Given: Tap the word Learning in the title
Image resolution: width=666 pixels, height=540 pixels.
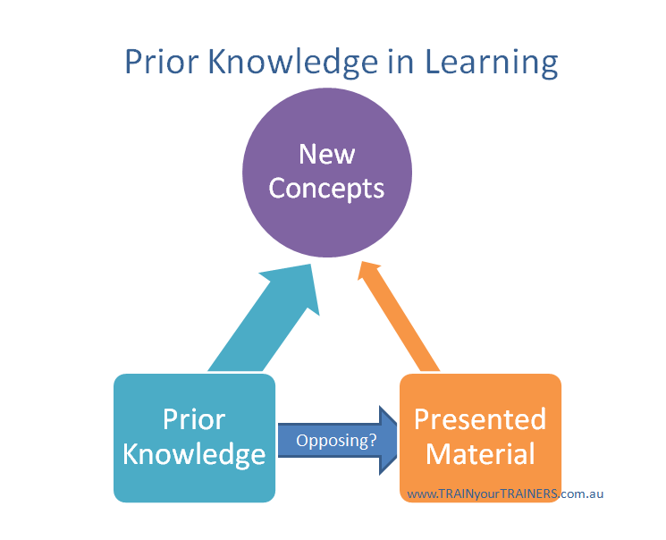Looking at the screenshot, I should (x=491, y=63).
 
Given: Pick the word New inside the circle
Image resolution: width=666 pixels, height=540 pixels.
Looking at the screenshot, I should (x=327, y=154).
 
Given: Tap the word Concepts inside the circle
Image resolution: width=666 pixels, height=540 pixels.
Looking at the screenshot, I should (x=327, y=189).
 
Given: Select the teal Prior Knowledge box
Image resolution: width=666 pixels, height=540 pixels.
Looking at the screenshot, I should (x=194, y=437).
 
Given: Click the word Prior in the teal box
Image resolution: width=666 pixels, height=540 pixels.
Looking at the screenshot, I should (x=194, y=419).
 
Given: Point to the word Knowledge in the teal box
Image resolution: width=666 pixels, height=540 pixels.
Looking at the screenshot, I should (x=194, y=454).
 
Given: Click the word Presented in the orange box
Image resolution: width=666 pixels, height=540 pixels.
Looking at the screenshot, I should (x=480, y=419).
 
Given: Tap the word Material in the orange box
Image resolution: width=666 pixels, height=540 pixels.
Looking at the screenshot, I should (x=480, y=454).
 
